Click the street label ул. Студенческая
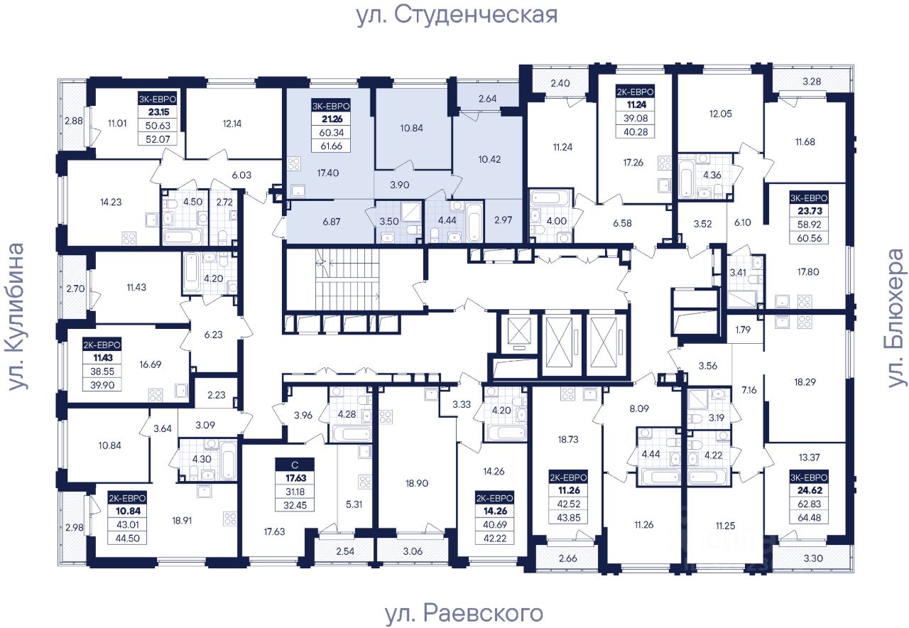point(457,14)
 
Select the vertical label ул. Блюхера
point(896,318)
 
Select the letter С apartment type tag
point(295,465)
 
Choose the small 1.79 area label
point(744,330)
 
